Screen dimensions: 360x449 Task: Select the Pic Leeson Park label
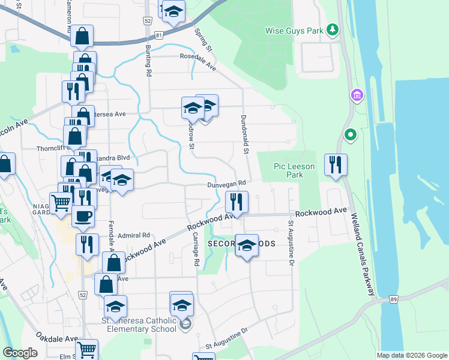(x=280, y=170)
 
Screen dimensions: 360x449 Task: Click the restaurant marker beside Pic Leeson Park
(x=336, y=165)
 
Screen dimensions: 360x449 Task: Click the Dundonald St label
(x=244, y=133)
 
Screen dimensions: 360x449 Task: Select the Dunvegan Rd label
(x=227, y=185)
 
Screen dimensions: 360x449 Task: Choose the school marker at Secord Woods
(x=246, y=245)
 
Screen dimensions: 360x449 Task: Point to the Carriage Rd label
(x=196, y=259)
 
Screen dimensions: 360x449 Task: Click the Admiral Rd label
(x=133, y=236)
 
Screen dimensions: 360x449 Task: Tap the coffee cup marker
(x=83, y=216)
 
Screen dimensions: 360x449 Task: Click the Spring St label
(x=203, y=39)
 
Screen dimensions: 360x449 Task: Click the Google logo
(x=20, y=353)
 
